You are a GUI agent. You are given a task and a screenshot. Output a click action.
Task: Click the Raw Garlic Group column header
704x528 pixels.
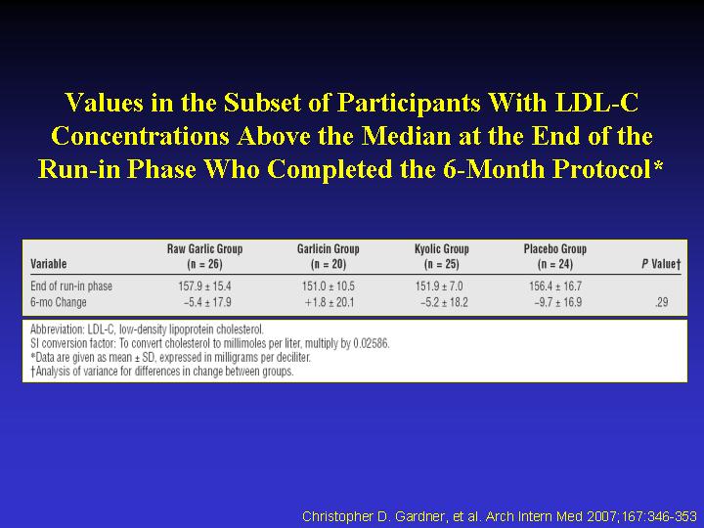204,256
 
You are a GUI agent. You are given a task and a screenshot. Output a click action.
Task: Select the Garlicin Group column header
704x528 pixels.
329,256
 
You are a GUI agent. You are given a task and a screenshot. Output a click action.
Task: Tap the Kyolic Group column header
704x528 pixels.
442,256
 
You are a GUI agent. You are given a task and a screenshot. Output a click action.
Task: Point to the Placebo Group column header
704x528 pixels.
555,256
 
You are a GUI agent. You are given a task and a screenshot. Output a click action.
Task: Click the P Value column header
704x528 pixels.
661,264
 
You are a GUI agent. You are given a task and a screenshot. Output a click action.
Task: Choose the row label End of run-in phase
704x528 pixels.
71,286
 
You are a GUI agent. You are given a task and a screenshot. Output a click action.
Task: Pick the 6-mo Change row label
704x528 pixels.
59,302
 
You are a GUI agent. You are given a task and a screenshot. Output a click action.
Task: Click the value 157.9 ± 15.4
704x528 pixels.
204,286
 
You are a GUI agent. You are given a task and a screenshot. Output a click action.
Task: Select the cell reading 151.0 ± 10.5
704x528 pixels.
329,286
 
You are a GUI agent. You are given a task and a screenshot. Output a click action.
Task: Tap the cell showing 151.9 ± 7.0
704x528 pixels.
439,286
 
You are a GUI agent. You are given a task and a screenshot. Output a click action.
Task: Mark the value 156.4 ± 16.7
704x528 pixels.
555,286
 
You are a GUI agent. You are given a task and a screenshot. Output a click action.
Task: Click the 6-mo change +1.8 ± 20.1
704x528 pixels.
330,302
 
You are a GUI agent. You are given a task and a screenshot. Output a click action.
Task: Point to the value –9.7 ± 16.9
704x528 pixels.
558,302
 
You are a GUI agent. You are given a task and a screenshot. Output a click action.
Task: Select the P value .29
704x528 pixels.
662,302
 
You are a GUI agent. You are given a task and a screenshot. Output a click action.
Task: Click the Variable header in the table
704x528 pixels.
49,264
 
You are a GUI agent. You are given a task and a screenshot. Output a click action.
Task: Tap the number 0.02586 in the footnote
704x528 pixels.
372,344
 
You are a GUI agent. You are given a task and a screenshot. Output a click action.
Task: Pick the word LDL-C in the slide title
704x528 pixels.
596,103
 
